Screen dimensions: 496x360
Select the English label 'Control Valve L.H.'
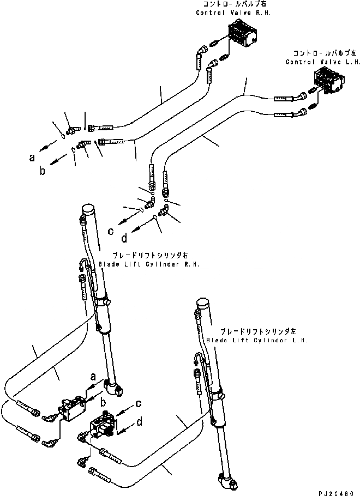coord(317,62)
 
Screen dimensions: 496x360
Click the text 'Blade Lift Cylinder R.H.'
coord(149,264)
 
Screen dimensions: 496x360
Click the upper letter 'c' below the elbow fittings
coord(111,231)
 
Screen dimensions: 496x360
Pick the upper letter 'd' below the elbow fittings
coord(124,239)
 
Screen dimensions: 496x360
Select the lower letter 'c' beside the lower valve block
coord(139,404)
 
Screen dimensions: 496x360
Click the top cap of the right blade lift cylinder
coord(89,210)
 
